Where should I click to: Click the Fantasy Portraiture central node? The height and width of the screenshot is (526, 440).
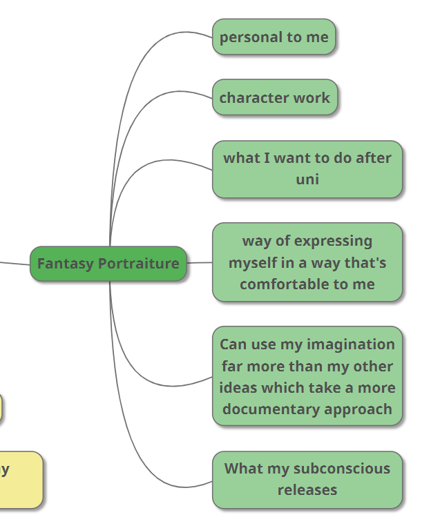(108, 264)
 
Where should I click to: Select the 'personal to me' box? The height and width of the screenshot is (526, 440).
(274, 37)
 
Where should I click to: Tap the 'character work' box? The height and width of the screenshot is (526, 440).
(275, 97)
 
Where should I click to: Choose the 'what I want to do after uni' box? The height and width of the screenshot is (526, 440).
(307, 169)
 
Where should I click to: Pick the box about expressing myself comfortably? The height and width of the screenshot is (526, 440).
(307, 262)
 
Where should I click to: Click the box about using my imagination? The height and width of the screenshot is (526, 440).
(307, 376)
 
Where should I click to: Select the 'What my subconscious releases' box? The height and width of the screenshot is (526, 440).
(307, 479)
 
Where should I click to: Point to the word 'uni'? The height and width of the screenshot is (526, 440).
(307, 179)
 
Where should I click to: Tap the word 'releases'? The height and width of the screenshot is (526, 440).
(307, 490)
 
